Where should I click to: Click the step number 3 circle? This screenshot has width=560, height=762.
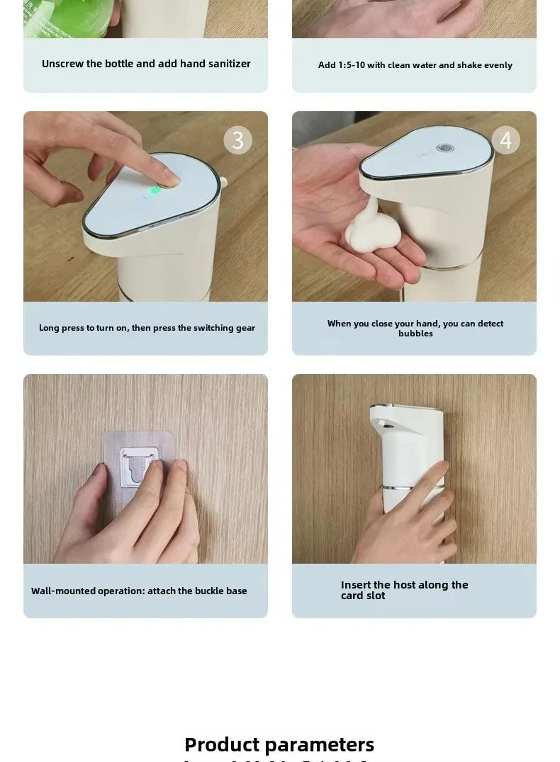pos(238,140)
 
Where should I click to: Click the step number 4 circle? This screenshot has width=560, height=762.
pos(505,140)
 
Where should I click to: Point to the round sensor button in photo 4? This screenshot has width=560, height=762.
pos(445,149)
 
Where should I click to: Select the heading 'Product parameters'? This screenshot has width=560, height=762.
pos(279,744)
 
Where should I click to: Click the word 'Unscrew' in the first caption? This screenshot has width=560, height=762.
pos(62,64)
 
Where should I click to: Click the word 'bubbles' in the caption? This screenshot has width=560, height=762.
pos(415,334)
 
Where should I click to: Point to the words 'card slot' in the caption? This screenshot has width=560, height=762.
pos(363,596)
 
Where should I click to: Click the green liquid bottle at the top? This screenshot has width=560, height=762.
pos(68,16)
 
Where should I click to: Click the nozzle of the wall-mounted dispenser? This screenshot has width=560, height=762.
pos(382,423)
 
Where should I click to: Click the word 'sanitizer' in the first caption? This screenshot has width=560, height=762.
pos(224,64)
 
